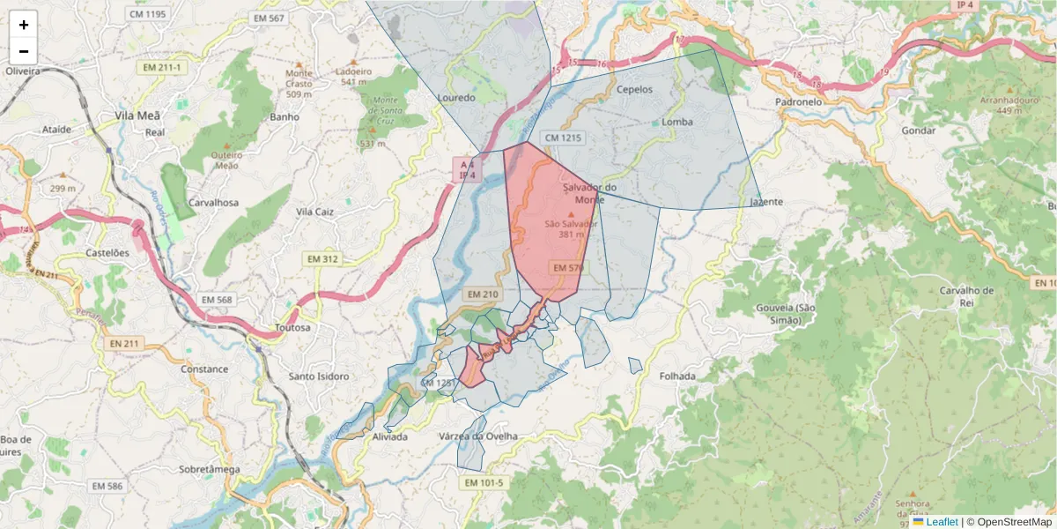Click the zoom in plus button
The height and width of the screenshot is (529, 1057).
24,25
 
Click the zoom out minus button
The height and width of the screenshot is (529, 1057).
24,50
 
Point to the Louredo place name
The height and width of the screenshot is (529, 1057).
456,97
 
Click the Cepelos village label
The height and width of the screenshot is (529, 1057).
634,89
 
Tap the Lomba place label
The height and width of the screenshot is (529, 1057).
676,122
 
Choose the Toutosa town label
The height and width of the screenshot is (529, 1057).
292,327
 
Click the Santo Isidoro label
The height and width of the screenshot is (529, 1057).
319,376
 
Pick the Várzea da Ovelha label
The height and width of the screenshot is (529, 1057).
478,436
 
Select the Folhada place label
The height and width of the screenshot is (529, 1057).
676,376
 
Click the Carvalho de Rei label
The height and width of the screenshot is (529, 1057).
966,296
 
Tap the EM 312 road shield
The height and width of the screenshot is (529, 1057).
322,258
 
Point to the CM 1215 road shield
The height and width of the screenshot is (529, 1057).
564,138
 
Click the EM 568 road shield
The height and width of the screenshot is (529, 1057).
212,300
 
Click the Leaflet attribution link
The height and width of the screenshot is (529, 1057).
942,522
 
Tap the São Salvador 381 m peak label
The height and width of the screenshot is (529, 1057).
571,229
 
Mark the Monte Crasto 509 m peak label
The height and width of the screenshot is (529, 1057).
299,84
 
